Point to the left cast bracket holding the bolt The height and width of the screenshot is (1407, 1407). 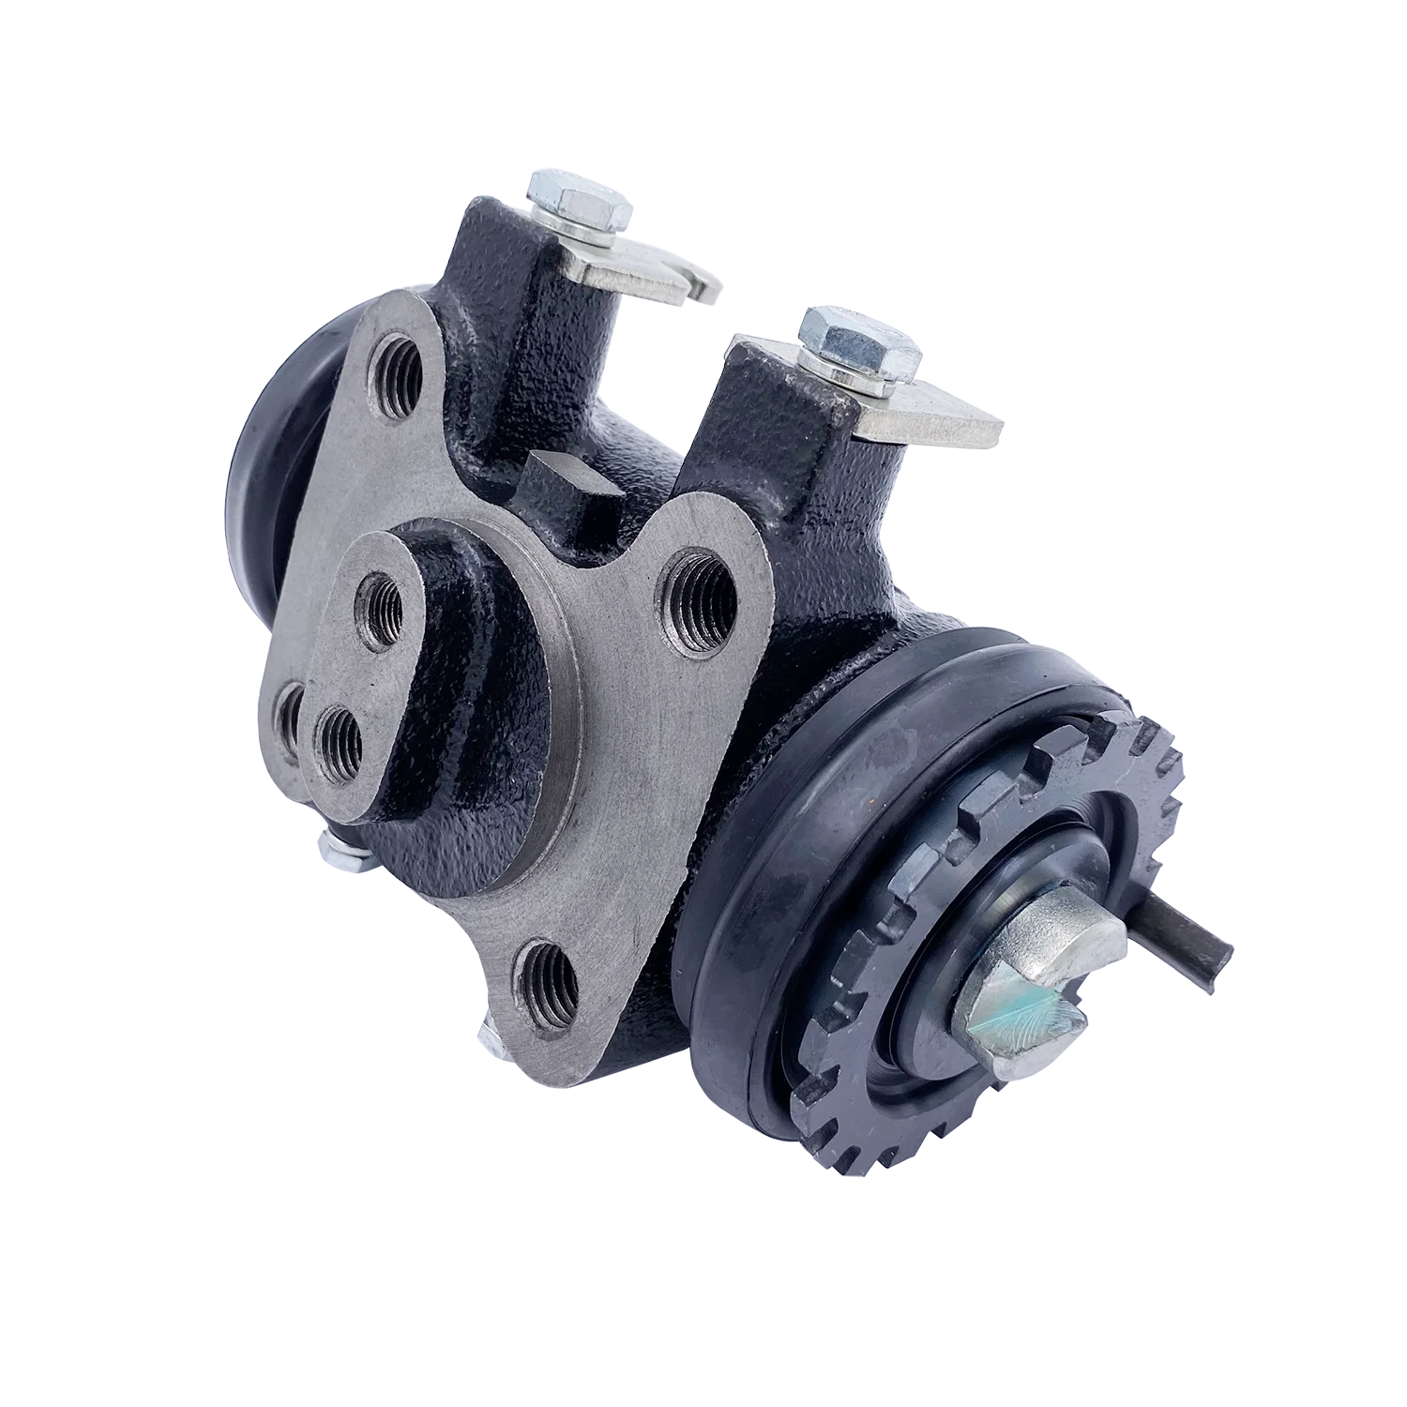pos(511,310)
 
